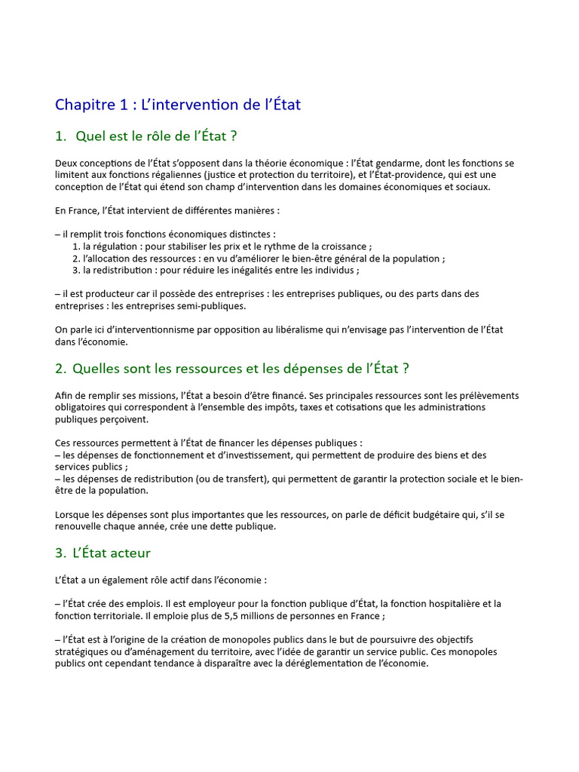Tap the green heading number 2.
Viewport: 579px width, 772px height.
click(60, 369)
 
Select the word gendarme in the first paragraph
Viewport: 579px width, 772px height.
click(388, 163)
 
